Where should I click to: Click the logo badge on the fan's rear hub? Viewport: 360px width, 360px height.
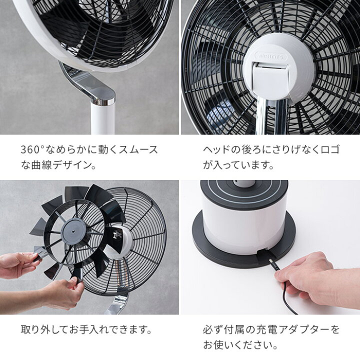click(x=271, y=56)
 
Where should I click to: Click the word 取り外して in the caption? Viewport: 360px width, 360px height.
click(x=44, y=329)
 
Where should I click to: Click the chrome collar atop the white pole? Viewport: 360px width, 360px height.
click(x=102, y=101)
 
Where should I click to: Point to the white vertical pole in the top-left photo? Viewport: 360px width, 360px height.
click(x=103, y=119)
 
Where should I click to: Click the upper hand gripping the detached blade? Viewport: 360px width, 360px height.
click(x=18, y=264)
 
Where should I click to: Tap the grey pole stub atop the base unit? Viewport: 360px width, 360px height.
click(x=244, y=183)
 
